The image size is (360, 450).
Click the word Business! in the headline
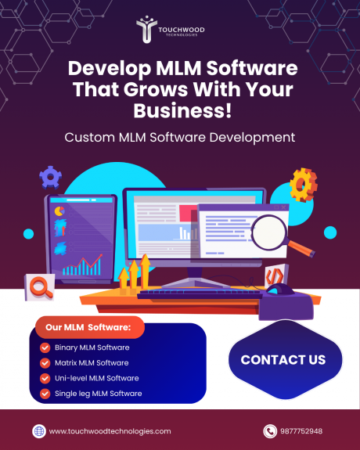coord(180,110)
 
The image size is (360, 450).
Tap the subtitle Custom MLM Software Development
coord(180,137)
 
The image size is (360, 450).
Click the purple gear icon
coord(51,177)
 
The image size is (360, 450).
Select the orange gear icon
coord(302,185)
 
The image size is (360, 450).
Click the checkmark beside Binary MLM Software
coord(45,347)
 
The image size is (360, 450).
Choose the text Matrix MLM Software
coord(92,362)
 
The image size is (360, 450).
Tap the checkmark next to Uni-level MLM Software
coord(45,378)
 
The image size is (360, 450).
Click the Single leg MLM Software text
coord(98,393)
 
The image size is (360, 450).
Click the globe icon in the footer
coord(38,430)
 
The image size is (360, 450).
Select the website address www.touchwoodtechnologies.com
coord(110,431)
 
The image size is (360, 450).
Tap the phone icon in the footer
coord(269,430)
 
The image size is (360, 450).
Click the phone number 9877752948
coord(304,431)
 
